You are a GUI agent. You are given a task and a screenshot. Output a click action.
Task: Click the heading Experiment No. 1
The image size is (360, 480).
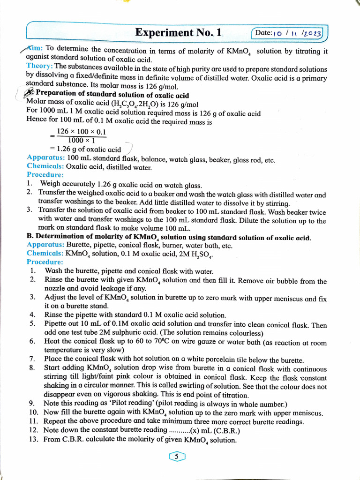(178, 32)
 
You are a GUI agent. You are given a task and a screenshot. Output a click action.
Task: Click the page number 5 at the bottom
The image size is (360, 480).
(176, 456)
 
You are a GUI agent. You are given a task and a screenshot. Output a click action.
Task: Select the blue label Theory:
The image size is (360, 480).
(40, 66)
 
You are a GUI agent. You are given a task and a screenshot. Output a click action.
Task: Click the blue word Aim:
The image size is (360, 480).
(35, 49)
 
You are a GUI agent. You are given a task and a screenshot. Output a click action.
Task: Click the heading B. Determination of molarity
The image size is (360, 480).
(169, 237)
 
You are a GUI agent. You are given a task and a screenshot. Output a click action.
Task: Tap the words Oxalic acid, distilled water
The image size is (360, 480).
(109, 166)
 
